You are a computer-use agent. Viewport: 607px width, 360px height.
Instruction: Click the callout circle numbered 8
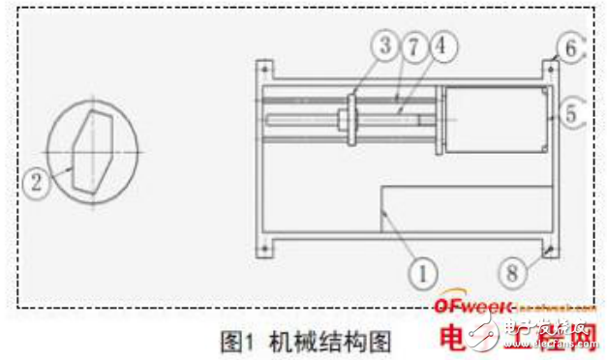513,271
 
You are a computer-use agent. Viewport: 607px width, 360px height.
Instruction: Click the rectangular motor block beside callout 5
495,120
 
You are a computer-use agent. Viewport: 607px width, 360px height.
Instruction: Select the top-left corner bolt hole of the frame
264,69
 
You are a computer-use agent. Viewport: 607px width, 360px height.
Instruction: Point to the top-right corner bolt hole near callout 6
549,69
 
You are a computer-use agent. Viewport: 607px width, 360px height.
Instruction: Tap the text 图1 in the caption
238,340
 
